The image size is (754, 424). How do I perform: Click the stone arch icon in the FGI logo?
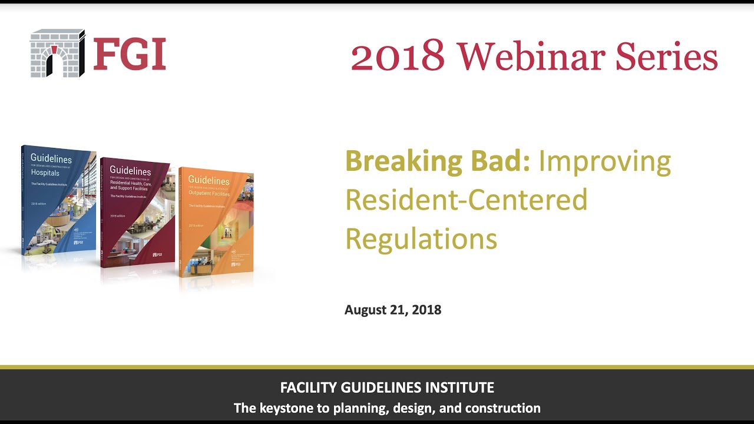point(58,53)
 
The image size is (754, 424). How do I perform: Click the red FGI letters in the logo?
point(130,54)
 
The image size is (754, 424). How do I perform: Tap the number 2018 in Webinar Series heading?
point(398,57)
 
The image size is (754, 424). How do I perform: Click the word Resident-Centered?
point(466,200)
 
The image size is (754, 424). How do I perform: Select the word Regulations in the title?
point(421,239)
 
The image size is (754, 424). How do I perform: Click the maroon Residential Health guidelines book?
point(138,212)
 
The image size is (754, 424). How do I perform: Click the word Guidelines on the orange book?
point(208,181)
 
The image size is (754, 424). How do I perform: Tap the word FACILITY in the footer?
point(307,388)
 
